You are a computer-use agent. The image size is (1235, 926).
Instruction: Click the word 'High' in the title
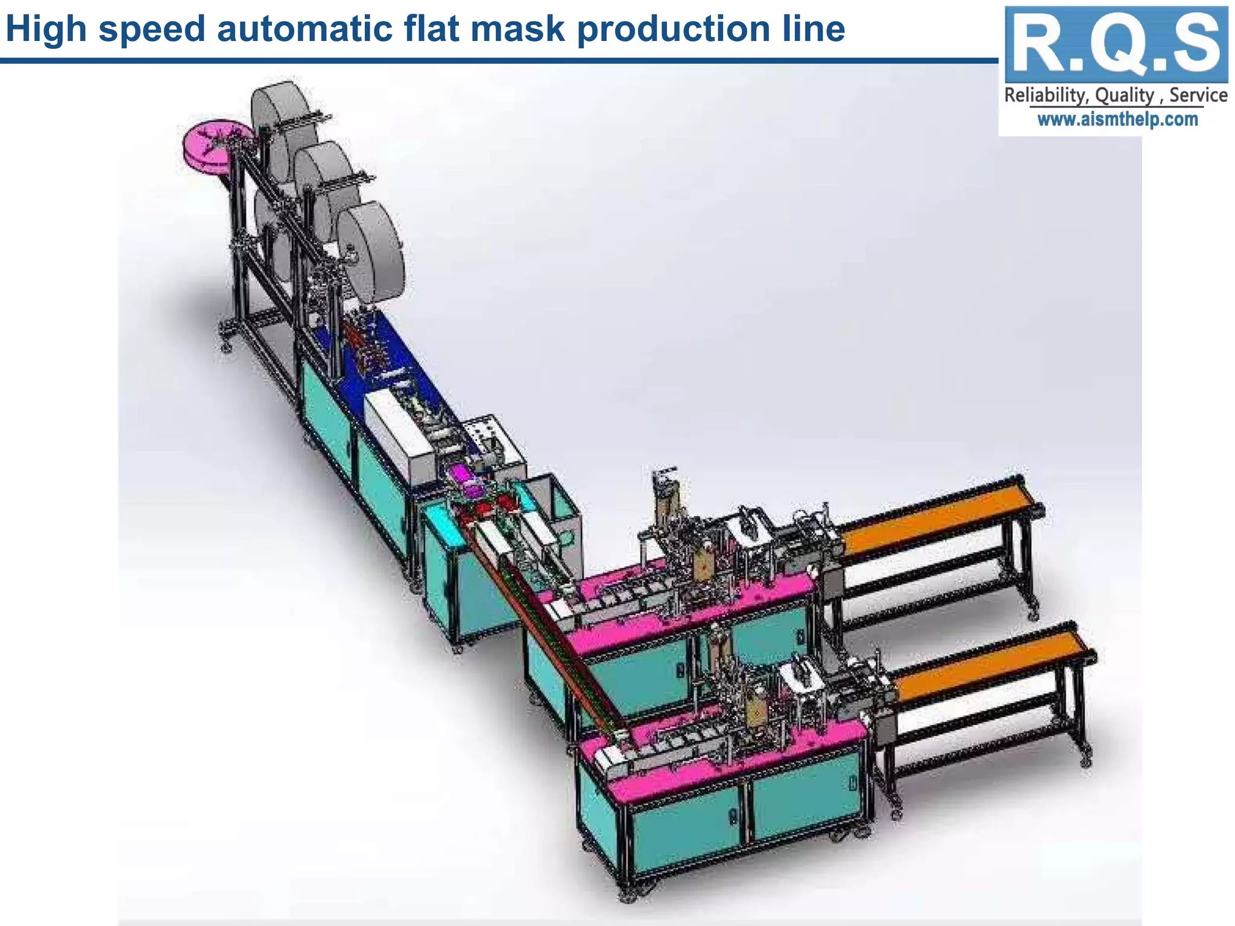[x=46, y=29]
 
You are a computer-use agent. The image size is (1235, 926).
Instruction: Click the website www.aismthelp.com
[x=1117, y=119]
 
